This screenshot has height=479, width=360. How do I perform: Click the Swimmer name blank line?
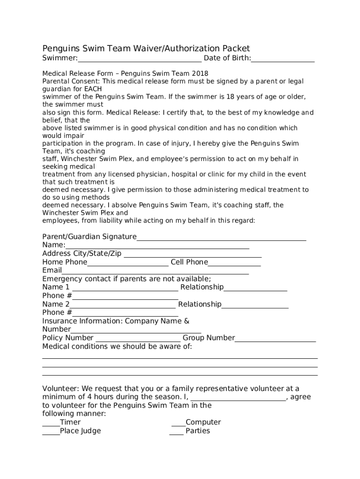click(x=140, y=60)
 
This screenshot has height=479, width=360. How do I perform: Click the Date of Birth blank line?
click(x=282, y=60)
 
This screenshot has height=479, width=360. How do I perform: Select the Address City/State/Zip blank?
click(x=193, y=256)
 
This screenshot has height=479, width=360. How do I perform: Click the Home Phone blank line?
click(x=128, y=264)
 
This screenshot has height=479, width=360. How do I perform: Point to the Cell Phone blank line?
click(x=234, y=264)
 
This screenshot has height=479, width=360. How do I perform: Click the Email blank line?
click(x=155, y=273)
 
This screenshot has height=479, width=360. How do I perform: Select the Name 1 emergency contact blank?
click(x=124, y=290)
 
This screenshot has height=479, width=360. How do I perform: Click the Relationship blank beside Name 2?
click(x=255, y=306)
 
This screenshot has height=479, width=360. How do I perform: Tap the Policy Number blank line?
click(x=137, y=340)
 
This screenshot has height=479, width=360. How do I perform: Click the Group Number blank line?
click(x=275, y=340)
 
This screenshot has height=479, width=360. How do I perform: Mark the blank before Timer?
click(x=51, y=425)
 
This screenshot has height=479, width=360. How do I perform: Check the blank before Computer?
click(x=179, y=425)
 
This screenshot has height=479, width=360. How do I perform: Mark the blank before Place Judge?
click(x=51, y=433)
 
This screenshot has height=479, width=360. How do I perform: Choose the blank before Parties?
click(x=176, y=433)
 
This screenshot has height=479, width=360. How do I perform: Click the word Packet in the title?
click(x=236, y=48)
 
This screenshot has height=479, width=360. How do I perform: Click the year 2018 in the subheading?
click(x=201, y=73)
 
